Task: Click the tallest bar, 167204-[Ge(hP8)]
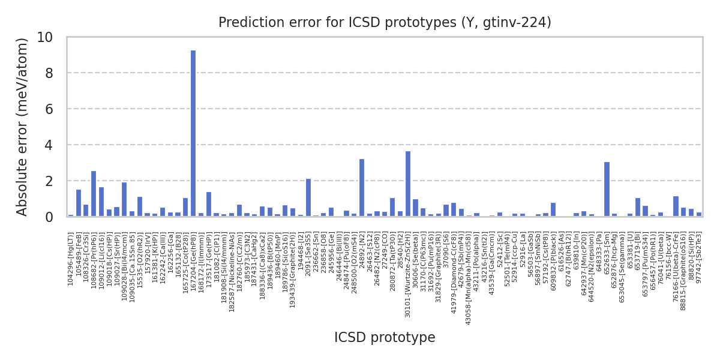[x=193, y=133]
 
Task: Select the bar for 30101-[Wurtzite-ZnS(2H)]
[x=408, y=184]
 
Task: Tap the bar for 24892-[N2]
[x=362, y=187]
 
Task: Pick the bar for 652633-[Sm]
[x=607, y=189]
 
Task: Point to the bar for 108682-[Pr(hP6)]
[x=94, y=193]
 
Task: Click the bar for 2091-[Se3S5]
[x=308, y=197]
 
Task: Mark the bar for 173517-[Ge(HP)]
[x=209, y=204]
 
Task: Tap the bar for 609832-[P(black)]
[x=553, y=209]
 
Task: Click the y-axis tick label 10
[x=44, y=37]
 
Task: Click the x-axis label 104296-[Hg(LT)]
[x=71, y=259]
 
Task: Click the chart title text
[x=385, y=23]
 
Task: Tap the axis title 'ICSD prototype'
[x=385, y=338]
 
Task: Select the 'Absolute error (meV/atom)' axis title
[x=23, y=127]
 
